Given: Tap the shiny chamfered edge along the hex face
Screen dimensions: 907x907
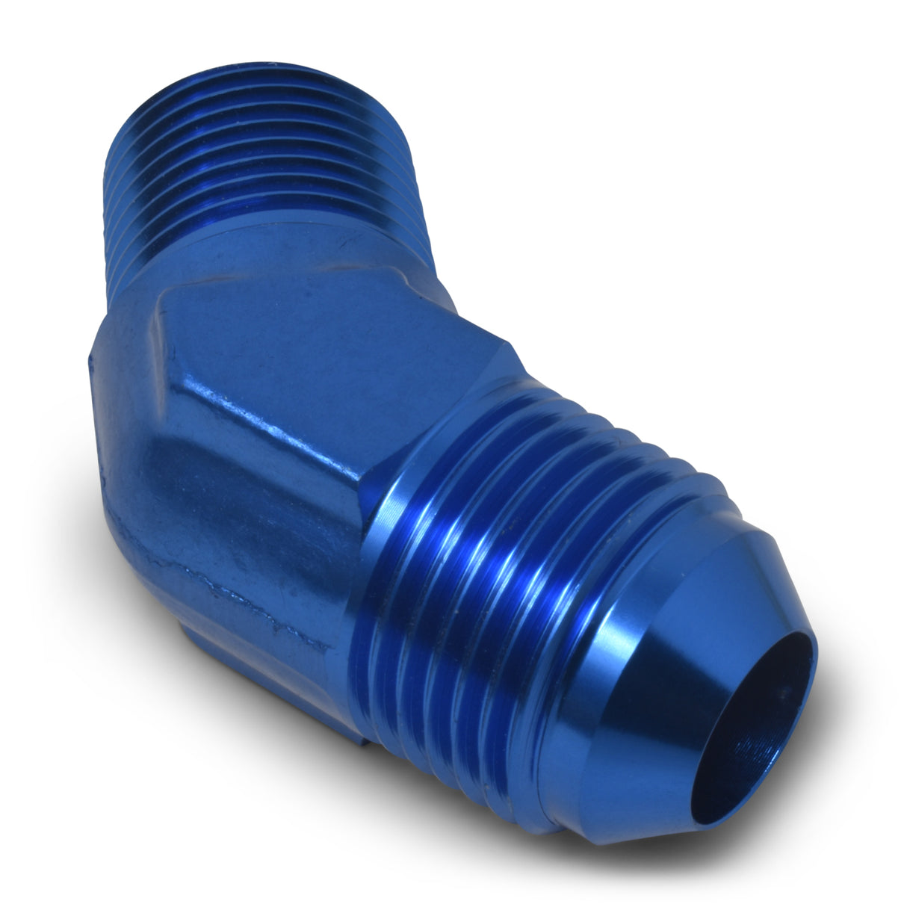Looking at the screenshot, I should click(x=261, y=433).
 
